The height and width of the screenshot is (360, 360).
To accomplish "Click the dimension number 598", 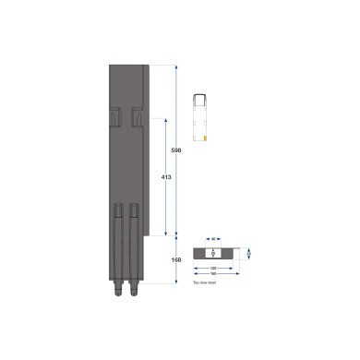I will (176, 149).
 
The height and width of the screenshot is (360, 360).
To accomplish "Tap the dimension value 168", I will (176, 259).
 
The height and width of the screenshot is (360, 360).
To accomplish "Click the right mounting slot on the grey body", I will (136, 115).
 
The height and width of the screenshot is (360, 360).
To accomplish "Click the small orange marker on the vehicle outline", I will (205, 138).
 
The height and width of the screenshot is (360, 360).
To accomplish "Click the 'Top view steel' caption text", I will (204, 283).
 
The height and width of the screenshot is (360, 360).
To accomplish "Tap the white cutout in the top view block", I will (213, 252).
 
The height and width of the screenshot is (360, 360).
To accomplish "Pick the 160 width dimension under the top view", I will (213, 274).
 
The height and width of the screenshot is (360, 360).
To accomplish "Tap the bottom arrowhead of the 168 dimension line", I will (176, 282).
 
